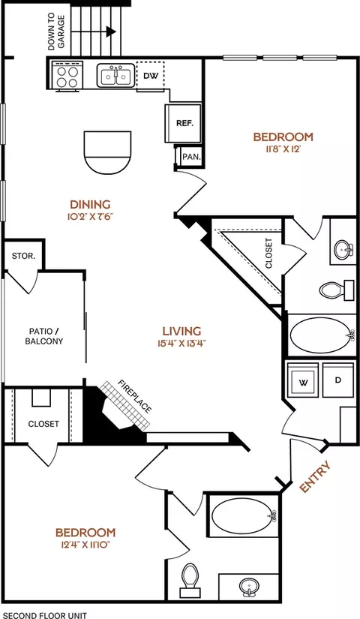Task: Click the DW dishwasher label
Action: pos(151,75)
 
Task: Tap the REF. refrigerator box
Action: pos(183,123)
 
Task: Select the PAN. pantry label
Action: pos(191,157)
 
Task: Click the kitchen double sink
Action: pos(115,75)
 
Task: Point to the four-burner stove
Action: pos(67,75)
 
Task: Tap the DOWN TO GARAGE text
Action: pos(56,32)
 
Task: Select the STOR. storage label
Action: pos(23,256)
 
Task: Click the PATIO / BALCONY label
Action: pos(44,336)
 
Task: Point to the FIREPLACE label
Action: pos(134,396)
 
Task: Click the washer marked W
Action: pos(303,380)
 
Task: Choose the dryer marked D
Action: pos(338,380)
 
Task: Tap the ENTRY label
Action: pos(314,476)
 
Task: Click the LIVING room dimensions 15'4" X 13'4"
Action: pos(181,343)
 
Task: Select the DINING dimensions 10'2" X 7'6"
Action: pos(91,216)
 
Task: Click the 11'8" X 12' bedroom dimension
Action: pos(283,149)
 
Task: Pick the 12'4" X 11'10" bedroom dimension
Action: pos(85,545)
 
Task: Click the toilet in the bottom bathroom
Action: pos(190,580)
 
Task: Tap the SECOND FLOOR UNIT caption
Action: pos(45,615)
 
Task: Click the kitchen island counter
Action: pos(107,152)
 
